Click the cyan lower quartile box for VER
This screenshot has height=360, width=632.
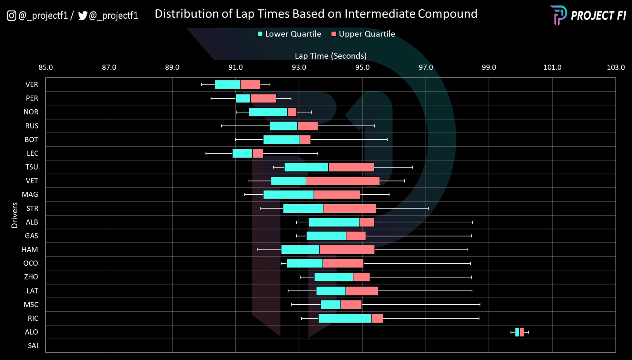[x=227, y=84]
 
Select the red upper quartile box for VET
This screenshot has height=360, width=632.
[x=343, y=181]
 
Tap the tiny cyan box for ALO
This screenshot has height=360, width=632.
[x=517, y=332]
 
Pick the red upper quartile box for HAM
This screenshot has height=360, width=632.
[x=347, y=249]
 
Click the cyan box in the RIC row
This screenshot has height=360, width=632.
[x=345, y=318]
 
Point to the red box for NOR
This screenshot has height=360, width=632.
[x=292, y=112]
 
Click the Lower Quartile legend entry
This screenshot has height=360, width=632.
[x=289, y=34]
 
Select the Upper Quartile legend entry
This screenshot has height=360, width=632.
[x=363, y=34]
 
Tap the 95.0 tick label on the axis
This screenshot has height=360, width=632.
[x=362, y=67]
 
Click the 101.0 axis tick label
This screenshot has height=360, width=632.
[x=552, y=67]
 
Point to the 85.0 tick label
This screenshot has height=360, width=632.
[x=46, y=67]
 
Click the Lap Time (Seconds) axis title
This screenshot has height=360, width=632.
[x=331, y=56]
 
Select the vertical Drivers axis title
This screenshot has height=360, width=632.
[x=15, y=215]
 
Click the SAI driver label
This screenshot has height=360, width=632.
[x=33, y=346]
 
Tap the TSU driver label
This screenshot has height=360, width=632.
[x=32, y=167]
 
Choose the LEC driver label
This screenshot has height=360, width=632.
[x=32, y=153]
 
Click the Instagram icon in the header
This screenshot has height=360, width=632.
[x=12, y=15]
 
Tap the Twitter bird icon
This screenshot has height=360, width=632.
[x=83, y=15]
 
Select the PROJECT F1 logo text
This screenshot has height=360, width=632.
[x=598, y=15]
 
